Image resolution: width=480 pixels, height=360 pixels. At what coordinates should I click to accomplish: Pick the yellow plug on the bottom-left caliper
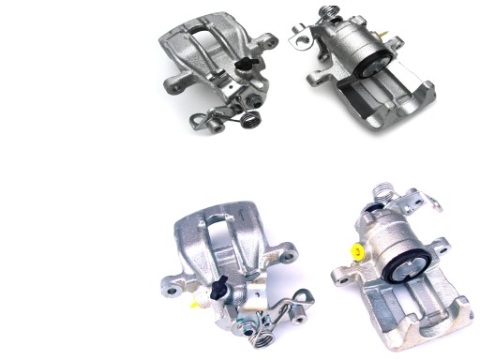pyautogui.click(x=195, y=304)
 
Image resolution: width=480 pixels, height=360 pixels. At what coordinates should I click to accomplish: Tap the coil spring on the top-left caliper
pyautogui.click(x=250, y=119)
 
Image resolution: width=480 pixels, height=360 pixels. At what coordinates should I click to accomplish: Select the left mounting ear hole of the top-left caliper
pyautogui.click(x=170, y=88)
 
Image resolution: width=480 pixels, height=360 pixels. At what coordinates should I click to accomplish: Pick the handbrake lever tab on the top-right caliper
pyautogui.click(x=301, y=36)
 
